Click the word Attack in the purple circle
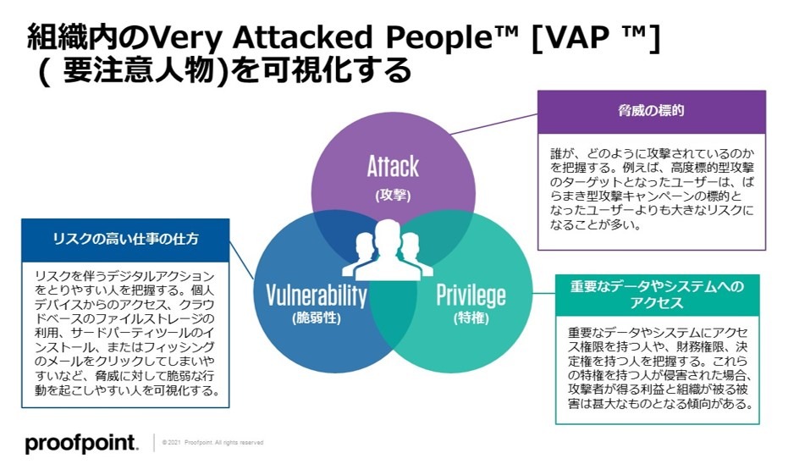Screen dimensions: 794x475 pyautogui.click(x=393, y=166)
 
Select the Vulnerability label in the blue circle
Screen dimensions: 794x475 pyautogui.click(x=317, y=295)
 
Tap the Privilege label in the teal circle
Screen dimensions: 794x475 pyautogui.click(x=471, y=295)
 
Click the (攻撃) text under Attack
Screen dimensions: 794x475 pyautogui.click(x=393, y=196)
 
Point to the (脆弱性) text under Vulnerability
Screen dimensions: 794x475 pyautogui.click(x=317, y=318)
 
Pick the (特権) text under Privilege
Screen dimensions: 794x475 pyautogui.click(x=471, y=318)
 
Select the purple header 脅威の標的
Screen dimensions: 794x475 pyautogui.click(x=651, y=110)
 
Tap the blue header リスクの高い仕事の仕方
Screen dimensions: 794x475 pyautogui.click(x=125, y=239)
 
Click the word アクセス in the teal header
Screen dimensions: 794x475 pyautogui.click(x=657, y=303)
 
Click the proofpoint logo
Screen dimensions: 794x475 pyautogui.click(x=81, y=444)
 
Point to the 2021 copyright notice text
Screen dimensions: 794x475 pyautogui.click(x=212, y=443)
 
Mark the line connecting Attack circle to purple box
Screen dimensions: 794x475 pyautogui.click(x=493, y=124)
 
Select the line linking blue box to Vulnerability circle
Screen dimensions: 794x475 pyautogui.click(x=241, y=260)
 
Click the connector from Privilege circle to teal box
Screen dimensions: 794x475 pyautogui.click(x=543, y=293)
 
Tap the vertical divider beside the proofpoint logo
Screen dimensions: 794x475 pyautogui.click(x=154, y=443)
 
